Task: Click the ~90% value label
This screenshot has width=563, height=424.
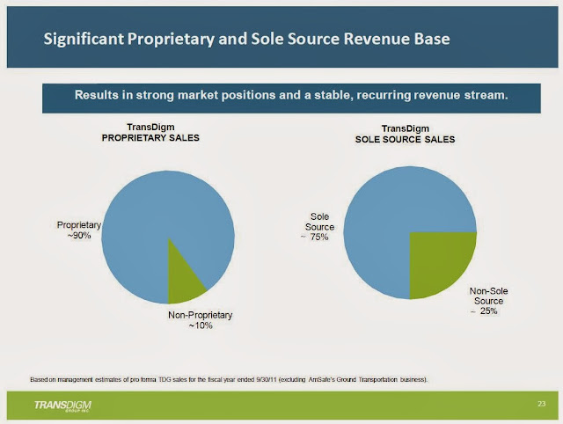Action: click(79, 236)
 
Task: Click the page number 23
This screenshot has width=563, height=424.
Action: click(541, 403)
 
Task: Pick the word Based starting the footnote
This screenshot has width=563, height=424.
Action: click(39, 379)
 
